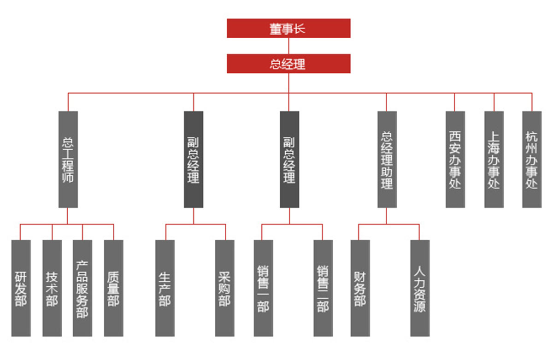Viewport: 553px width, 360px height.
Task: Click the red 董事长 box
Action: [x=288, y=28]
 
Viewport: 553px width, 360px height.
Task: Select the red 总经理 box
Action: [x=288, y=64]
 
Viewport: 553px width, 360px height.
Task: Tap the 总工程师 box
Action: [x=68, y=159]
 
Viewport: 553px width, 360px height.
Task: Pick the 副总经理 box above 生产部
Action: [x=194, y=159]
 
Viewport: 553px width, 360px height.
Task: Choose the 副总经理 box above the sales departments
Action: [x=289, y=159]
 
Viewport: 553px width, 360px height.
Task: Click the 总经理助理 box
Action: [x=387, y=159]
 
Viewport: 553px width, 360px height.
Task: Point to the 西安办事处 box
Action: [x=455, y=159]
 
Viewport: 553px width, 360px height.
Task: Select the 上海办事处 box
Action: [x=494, y=159]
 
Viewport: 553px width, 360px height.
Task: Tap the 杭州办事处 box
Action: [x=532, y=159]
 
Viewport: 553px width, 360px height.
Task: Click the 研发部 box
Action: [x=21, y=288]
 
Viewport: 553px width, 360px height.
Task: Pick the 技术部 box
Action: [x=52, y=288]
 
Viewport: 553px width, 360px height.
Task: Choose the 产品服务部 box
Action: [x=82, y=288]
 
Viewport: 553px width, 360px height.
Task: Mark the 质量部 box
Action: [x=113, y=288]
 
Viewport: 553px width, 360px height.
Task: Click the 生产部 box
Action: [x=165, y=288]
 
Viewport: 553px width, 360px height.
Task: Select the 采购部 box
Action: [x=224, y=288]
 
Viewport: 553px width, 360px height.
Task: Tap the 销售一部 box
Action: [x=263, y=288]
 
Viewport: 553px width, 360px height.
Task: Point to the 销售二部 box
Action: [x=323, y=288]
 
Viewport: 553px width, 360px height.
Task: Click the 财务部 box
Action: [x=360, y=288]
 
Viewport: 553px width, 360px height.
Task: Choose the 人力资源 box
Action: [x=420, y=288]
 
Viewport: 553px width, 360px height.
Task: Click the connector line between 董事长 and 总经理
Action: [x=289, y=46]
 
